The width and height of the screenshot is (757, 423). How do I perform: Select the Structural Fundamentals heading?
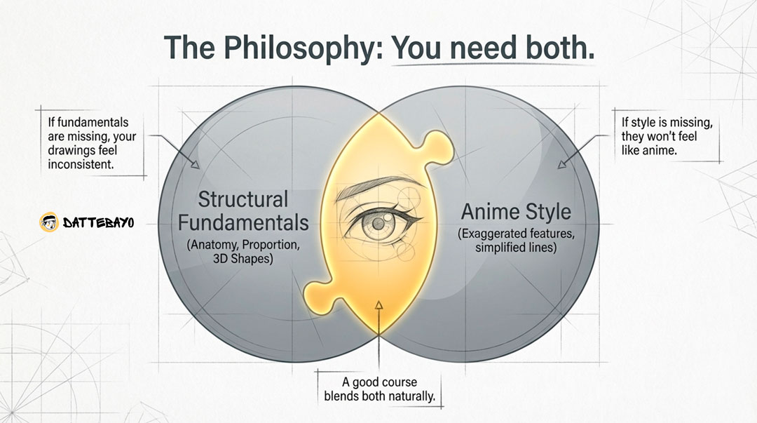point(243,210)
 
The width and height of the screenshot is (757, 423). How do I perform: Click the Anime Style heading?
point(516,211)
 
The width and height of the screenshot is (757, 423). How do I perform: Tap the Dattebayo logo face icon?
point(48,223)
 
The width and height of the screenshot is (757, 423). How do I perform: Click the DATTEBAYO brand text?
point(97,223)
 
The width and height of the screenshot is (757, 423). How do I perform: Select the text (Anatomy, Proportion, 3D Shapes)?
point(243,252)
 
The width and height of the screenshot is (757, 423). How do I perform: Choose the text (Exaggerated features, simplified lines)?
point(517,240)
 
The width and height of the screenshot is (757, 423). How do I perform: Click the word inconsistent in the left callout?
point(81,165)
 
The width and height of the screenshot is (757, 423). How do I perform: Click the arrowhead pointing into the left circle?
point(196,166)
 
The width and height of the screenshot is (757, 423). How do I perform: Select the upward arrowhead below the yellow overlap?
point(378,304)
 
